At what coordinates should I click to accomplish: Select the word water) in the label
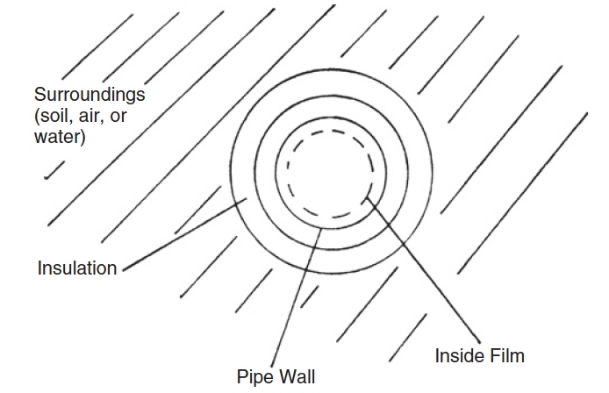(x=61, y=137)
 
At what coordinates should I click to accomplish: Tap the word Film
(x=506, y=356)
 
